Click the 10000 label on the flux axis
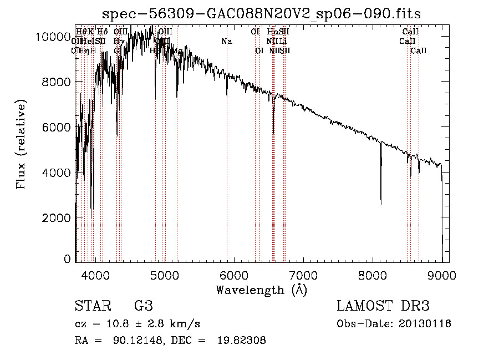[51, 37]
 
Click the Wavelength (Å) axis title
[262, 290]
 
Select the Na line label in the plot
[226, 41]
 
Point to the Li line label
[283, 41]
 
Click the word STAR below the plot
[93, 306]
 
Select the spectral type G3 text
[144, 306]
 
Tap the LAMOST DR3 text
[383, 306]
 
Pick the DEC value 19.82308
[242, 341]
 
